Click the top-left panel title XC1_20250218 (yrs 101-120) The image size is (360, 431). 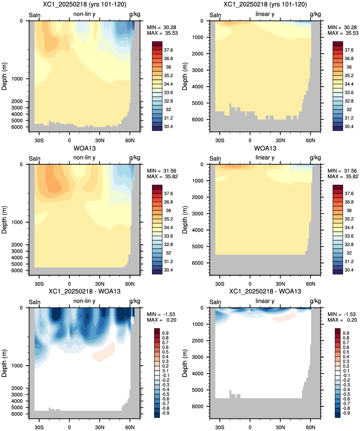click(84, 4)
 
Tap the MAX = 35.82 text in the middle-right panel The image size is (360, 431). click(343, 176)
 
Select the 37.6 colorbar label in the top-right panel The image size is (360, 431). click(349, 50)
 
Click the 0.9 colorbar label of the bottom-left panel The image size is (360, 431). click(165, 333)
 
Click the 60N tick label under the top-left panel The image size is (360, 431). click(130, 141)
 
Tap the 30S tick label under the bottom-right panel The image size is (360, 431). click(220, 427)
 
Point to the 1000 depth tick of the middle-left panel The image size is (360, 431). click(17, 222)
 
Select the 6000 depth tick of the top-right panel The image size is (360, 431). click(198, 119)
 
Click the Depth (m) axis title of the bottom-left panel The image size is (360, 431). click(4, 363)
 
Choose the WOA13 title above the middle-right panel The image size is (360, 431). click(265, 148)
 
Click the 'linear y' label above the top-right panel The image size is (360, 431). click(265, 14)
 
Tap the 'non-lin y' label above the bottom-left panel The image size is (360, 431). click(84, 301)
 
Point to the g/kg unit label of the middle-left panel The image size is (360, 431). click(135, 158)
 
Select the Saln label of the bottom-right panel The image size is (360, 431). click(215, 302)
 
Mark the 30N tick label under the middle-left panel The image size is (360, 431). click(100, 284)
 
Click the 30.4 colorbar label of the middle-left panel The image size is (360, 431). click(168, 270)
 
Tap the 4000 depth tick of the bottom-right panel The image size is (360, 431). click(198, 373)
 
